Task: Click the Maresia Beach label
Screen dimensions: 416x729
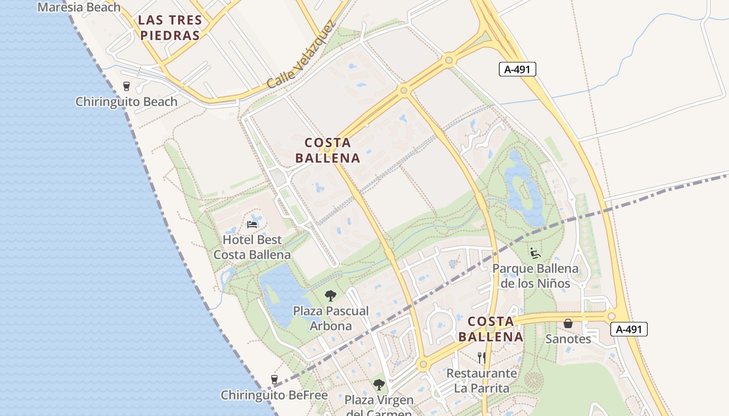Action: (79, 7)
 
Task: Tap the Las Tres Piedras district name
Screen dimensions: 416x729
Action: (169, 28)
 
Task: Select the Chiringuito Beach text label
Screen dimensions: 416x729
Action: (127, 101)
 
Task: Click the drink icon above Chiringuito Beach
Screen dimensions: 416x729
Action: (126, 86)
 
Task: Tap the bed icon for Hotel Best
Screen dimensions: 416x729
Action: (252, 225)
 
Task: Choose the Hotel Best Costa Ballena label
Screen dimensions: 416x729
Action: (252, 248)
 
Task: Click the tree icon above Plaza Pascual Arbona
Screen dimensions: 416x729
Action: (330, 296)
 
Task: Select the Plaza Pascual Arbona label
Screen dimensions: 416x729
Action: (331, 318)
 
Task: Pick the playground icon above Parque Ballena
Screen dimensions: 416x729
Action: (535, 253)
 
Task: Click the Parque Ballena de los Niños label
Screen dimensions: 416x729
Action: (535, 276)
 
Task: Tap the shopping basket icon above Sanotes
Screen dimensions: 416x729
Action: (568, 323)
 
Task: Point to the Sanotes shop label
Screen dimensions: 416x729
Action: (568, 339)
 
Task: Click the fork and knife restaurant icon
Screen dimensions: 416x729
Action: (482, 358)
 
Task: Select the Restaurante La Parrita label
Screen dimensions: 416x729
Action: (482, 381)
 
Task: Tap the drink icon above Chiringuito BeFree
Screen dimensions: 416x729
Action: (274, 380)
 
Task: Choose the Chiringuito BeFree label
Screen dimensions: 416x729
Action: (274, 395)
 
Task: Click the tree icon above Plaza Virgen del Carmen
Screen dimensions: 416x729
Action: (379, 385)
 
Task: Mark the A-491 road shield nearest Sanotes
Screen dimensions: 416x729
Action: (629, 329)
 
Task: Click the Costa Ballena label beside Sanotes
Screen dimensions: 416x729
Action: (491, 329)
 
